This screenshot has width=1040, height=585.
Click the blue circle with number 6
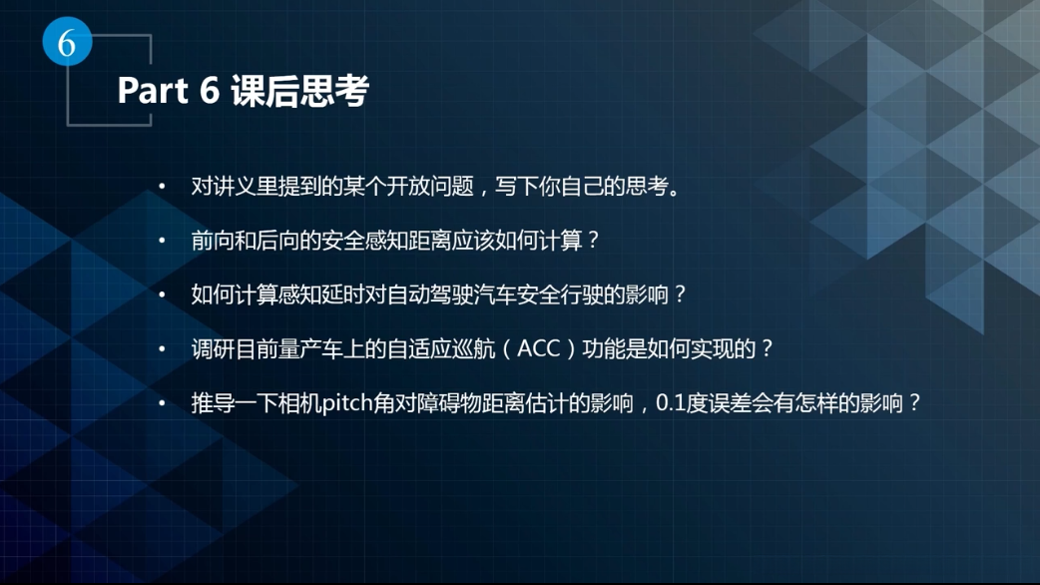click(67, 43)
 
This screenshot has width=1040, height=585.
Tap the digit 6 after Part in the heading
click(210, 91)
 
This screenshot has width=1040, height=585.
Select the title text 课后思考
click(299, 91)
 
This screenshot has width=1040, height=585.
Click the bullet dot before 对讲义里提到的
click(162, 188)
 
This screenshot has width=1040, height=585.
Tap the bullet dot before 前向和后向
click(162, 242)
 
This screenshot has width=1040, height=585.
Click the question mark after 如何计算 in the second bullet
click(592, 242)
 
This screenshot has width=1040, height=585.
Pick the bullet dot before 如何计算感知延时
click(162, 295)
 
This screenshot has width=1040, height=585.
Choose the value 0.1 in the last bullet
click(676, 404)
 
